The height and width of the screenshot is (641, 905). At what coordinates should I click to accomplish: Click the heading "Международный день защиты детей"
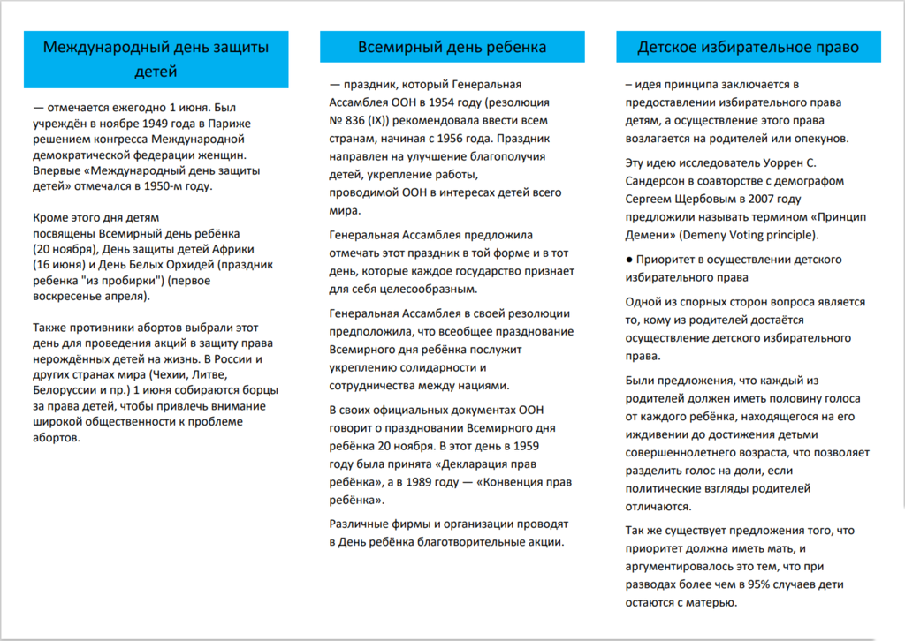click(156, 59)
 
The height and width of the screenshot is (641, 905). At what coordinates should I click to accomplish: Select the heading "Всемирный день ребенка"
click(452, 47)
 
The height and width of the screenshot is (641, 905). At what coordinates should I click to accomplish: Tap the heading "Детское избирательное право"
click(748, 47)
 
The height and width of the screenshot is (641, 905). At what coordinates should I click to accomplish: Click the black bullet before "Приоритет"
click(628, 260)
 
